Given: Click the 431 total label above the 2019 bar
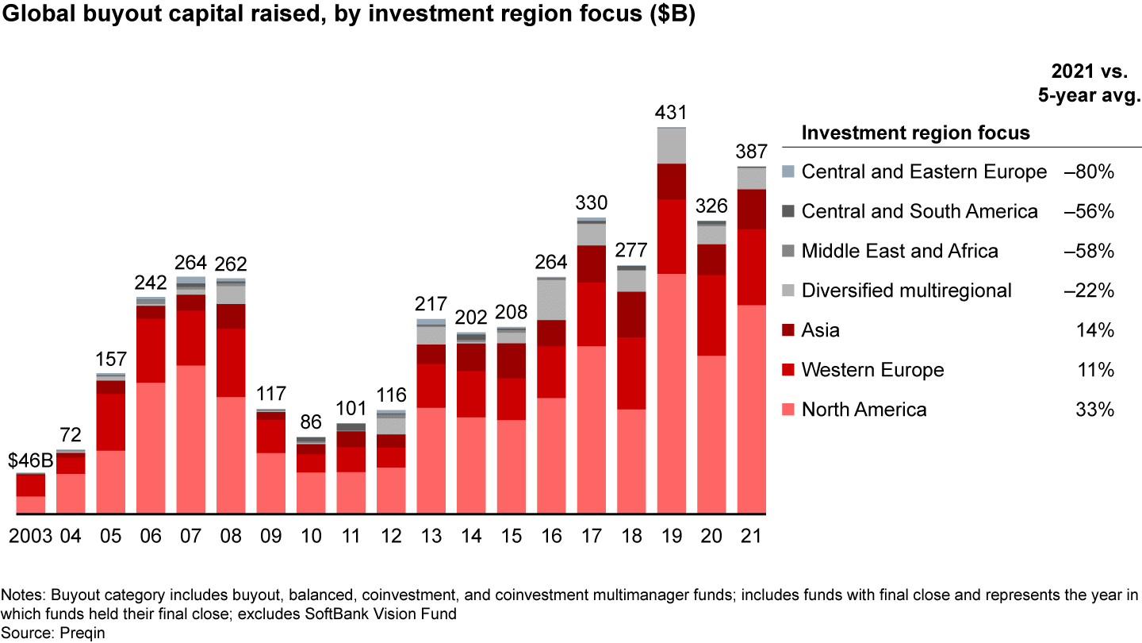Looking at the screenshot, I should (x=672, y=113).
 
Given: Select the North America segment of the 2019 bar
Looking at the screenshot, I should (x=672, y=393).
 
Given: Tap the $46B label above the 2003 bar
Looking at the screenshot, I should (x=30, y=460).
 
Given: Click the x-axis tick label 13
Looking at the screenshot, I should (x=431, y=536).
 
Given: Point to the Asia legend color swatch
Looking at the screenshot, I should (x=788, y=330).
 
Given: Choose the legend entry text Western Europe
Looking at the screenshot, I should (x=872, y=370).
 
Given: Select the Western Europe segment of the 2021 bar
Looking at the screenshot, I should (x=751, y=267).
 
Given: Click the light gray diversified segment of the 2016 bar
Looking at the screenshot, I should (x=551, y=300).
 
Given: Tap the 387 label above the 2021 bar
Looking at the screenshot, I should (x=751, y=152).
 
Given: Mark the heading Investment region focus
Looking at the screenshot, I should (x=915, y=133).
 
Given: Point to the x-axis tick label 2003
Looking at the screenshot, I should (x=30, y=536).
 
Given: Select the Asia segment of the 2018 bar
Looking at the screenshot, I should (x=631, y=314).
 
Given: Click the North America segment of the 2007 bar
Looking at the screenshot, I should (x=190, y=439).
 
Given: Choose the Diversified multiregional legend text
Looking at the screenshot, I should (x=906, y=291).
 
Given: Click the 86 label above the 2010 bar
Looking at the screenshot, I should (x=311, y=422).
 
